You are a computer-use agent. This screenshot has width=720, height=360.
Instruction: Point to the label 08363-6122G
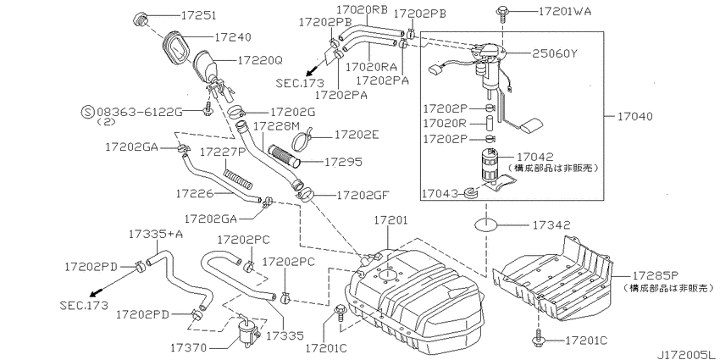coord(137,111)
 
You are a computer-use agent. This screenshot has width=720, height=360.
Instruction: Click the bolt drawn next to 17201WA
coord(502,13)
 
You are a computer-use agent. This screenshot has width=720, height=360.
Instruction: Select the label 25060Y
coord(554,53)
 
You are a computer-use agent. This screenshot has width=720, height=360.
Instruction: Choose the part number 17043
coord(440,194)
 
